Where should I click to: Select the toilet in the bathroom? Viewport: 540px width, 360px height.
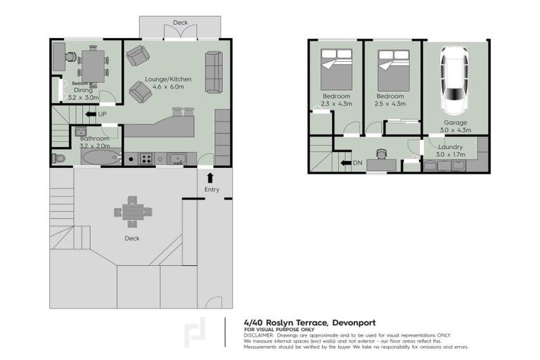(58, 158)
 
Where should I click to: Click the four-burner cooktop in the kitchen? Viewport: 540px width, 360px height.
(147, 158)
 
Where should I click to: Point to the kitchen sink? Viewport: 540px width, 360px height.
(177, 158)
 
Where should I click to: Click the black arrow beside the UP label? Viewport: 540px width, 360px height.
(89, 113)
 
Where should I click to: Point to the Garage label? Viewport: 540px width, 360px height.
(456, 122)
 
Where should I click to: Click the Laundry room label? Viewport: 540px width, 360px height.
(449, 146)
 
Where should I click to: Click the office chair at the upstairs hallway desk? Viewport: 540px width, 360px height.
(382, 153)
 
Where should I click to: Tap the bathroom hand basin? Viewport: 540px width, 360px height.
(80, 131)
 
